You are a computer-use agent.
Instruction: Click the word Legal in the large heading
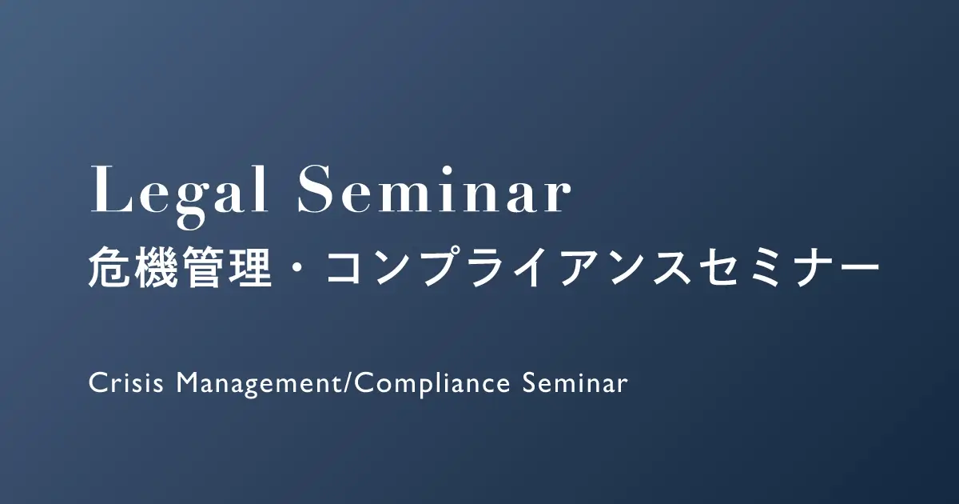pyautogui.click(x=179, y=196)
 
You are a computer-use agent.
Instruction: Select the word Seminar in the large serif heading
pyautogui.click(x=435, y=189)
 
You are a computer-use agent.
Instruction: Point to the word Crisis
pyautogui.click(x=126, y=382)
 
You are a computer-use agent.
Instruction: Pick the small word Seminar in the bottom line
pyautogui.click(x=575, y=382)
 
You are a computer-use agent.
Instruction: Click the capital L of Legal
pyautogui.click(x=109, y=189)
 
